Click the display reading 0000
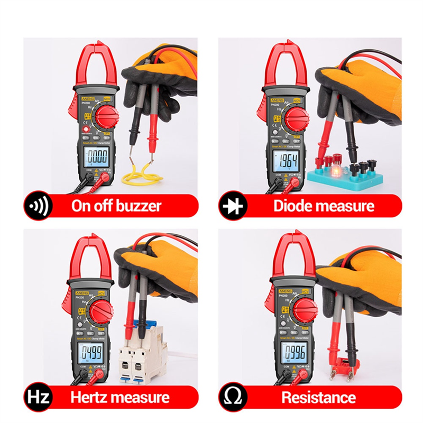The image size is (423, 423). coord(97,157)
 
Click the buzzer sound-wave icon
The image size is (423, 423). coord(37,206)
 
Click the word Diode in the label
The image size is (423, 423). coord(292,206)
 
